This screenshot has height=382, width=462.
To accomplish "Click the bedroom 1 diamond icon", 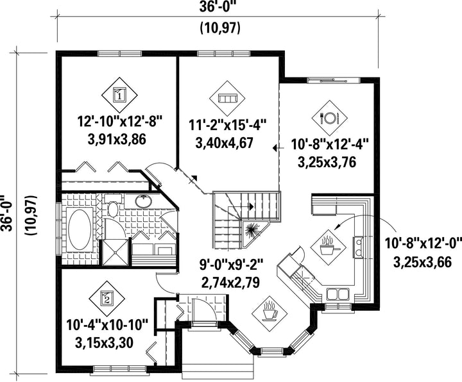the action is coord(119,94).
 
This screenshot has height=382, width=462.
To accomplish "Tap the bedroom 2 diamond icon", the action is coord(107,298).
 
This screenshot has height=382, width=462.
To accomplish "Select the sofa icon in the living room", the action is coord(227,98).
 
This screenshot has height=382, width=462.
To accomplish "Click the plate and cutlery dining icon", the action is coord(329,118).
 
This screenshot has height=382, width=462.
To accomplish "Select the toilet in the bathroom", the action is coord(113,206).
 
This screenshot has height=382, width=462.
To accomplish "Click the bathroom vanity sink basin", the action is coord(144,201).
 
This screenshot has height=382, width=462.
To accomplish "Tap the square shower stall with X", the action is coord(116,253).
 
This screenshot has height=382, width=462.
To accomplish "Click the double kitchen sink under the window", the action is coord(338,294).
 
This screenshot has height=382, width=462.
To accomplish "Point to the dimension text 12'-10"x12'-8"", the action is coord(120,121).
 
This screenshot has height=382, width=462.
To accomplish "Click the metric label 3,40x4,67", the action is coord(224,143).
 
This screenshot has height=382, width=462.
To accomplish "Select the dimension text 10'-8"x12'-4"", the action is coord(330,145).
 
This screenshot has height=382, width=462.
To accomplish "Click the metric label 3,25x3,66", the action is coord(422,262).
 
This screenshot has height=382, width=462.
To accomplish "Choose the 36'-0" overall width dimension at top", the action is coord(218,7).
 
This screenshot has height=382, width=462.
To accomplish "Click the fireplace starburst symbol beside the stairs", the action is coord(252,230).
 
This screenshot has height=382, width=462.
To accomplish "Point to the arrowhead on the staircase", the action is coord(252,206).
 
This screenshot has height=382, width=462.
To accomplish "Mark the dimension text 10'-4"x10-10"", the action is coord(107,325).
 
